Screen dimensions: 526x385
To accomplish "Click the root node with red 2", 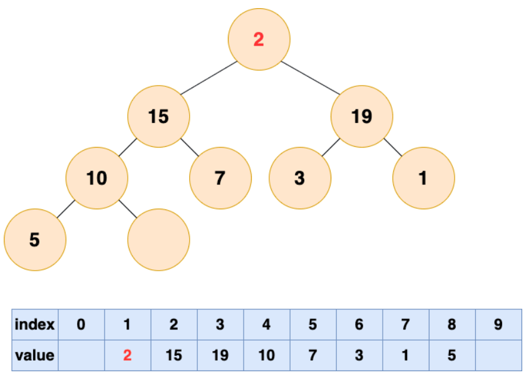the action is [259, 39].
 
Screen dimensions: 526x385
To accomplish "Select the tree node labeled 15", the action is [158, 116].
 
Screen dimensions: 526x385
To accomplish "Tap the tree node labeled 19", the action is [362, 116].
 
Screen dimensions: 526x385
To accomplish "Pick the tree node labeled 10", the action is [97, 177].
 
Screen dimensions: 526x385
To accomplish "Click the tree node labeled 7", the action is [220, 177].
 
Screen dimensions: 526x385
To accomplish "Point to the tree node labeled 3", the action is [300, 177].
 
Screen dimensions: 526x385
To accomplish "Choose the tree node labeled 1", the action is [424, 177].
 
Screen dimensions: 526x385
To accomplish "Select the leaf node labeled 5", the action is [35, 240].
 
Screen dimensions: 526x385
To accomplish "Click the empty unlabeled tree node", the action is [158, 240].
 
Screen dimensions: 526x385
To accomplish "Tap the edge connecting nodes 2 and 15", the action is [209, 77].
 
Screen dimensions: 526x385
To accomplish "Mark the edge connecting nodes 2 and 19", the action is [311, 77].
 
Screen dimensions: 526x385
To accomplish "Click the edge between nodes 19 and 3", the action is [331, 147].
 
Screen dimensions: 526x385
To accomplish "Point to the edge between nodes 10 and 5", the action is [66, 209].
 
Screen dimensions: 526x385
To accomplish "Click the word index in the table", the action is [34, 324].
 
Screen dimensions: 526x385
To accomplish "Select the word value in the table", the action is [34, 355].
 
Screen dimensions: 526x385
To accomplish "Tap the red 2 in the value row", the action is [127, 355].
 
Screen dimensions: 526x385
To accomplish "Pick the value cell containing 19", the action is [220, 355].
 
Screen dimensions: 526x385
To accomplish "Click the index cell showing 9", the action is [498, 324].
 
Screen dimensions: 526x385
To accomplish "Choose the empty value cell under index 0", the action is [81, 355].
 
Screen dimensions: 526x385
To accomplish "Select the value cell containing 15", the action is [174, 355].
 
